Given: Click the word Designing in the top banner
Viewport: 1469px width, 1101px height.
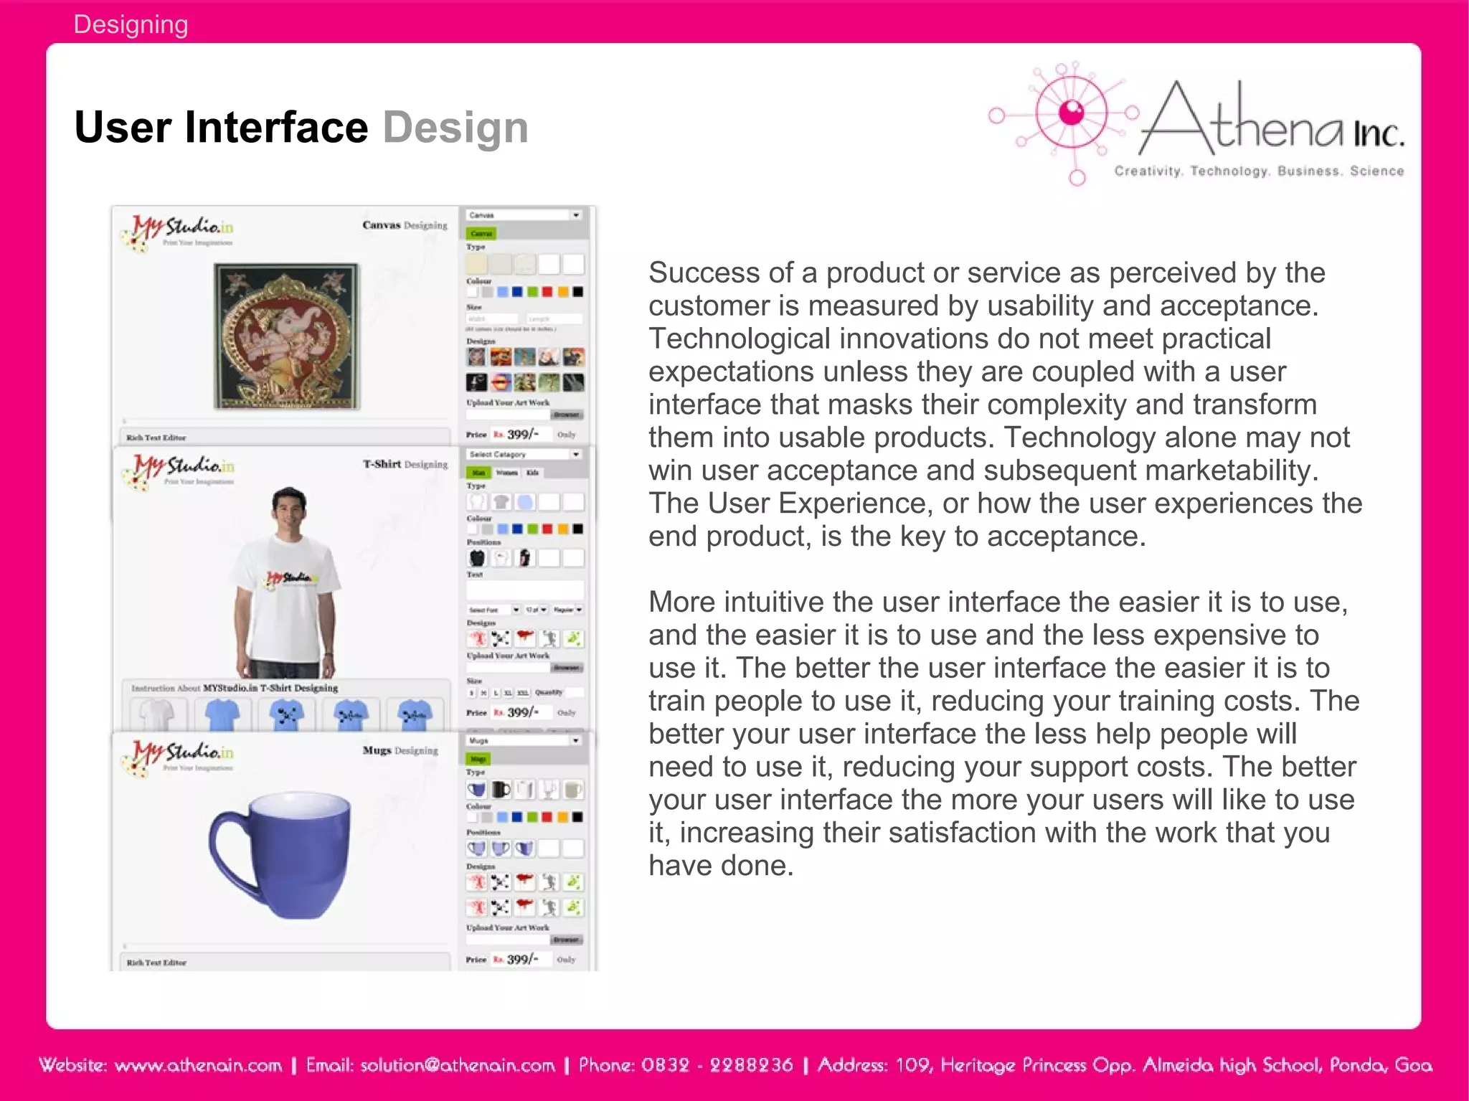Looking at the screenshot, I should pyautogui.click(x=131, y=24).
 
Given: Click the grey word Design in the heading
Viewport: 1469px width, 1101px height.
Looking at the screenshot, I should pyautogui.click(x=455, y=128).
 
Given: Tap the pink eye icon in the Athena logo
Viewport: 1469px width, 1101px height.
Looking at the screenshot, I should pyautogui.click(x=1072, y=113).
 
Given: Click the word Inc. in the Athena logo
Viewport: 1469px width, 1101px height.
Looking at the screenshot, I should pyautogui.click(x=1378, y=134).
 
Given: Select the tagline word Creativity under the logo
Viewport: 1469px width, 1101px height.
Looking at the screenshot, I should pyautogui.click(x=1147, y=171).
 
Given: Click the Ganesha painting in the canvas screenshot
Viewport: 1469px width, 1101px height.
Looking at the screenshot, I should pyautogui.click(x=287, y=336).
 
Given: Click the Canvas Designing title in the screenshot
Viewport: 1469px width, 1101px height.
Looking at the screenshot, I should pyautogui.click(x=405, y=225).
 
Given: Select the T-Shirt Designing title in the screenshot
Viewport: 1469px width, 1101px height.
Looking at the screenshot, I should pyautogui.click(x=405, y=464).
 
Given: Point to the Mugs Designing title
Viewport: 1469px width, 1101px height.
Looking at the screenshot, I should pyautogui.click(x=400, y=750).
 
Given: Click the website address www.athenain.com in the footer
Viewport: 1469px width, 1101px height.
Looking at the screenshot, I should pyautogui.click(x=198, y=1065).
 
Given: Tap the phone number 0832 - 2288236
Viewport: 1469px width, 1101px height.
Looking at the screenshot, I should pyautogui.click(x=717, y=1065).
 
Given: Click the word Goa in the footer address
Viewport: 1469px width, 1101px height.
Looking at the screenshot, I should pyautogui.click(x=1413, y=1065).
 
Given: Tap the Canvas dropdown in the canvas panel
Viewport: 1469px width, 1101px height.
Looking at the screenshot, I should pyautogui.click(x=524, y=215).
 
